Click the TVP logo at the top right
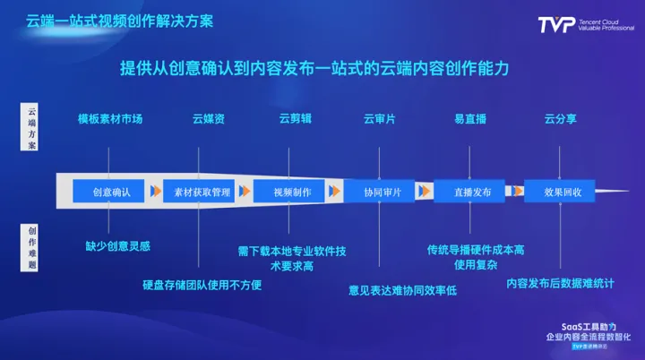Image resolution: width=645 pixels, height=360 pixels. tap(584, 25)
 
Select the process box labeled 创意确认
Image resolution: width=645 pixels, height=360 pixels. tap(111, 192)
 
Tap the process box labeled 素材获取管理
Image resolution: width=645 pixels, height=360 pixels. tap(202, 192)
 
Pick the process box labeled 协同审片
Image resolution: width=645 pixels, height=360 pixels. tap(383, 192)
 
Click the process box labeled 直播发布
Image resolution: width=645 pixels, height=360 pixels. tap(471, 192)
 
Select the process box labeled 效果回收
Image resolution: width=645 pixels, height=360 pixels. tap(564, 192)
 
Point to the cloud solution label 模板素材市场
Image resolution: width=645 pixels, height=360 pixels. tap(109, 119)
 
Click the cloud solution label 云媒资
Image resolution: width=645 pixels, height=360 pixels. tap(209, 119)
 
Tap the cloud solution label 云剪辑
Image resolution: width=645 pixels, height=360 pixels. tap(295, 119)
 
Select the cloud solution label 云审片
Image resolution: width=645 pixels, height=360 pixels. tap(379, 119)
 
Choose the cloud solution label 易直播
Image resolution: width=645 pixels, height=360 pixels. tap(471, 119)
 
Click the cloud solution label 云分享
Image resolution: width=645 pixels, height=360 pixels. tap(563, 119)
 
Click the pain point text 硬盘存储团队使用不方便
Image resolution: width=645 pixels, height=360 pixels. tap(202, 286)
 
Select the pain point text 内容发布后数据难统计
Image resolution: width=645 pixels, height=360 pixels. tap(560, 284)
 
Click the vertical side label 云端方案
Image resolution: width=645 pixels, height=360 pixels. tap(31, 128)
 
